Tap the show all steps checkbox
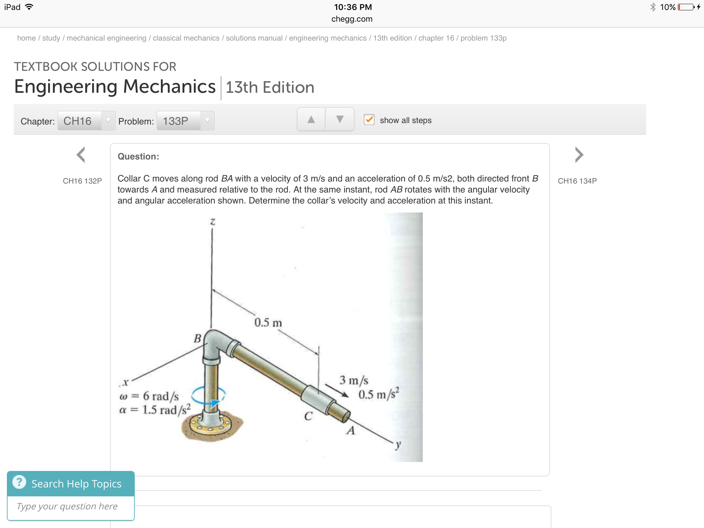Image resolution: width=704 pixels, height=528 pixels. tap(369, 120)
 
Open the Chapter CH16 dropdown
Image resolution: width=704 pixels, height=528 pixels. tap(86, 121)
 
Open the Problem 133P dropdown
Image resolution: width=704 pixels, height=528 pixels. tap(185, 121)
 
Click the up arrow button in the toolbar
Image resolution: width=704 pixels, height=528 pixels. tap(311, 119)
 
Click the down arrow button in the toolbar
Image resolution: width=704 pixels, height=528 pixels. tap(340, 119)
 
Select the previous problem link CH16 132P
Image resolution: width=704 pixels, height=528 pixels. tap(82, 181)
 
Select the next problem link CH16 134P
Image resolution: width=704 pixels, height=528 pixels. tap(577, 181)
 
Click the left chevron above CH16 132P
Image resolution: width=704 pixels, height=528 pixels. tap(81, 155)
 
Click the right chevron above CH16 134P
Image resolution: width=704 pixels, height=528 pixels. tap(579, 155)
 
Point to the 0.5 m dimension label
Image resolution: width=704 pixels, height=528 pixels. tap(268, 322)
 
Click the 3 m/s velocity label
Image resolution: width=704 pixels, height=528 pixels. tap(354, 380)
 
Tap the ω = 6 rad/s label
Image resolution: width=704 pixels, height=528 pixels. tap(149, 396)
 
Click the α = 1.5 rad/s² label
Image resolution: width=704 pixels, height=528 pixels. tap(155, 410)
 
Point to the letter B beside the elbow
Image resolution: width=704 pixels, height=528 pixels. tap(197, 338)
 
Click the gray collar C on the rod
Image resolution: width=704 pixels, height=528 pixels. tap(317, 399)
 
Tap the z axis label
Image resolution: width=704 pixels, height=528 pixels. tap(213, 222)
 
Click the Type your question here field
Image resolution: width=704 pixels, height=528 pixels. tap(71, 506)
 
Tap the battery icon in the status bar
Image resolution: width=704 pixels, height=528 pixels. tap(686, 7)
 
